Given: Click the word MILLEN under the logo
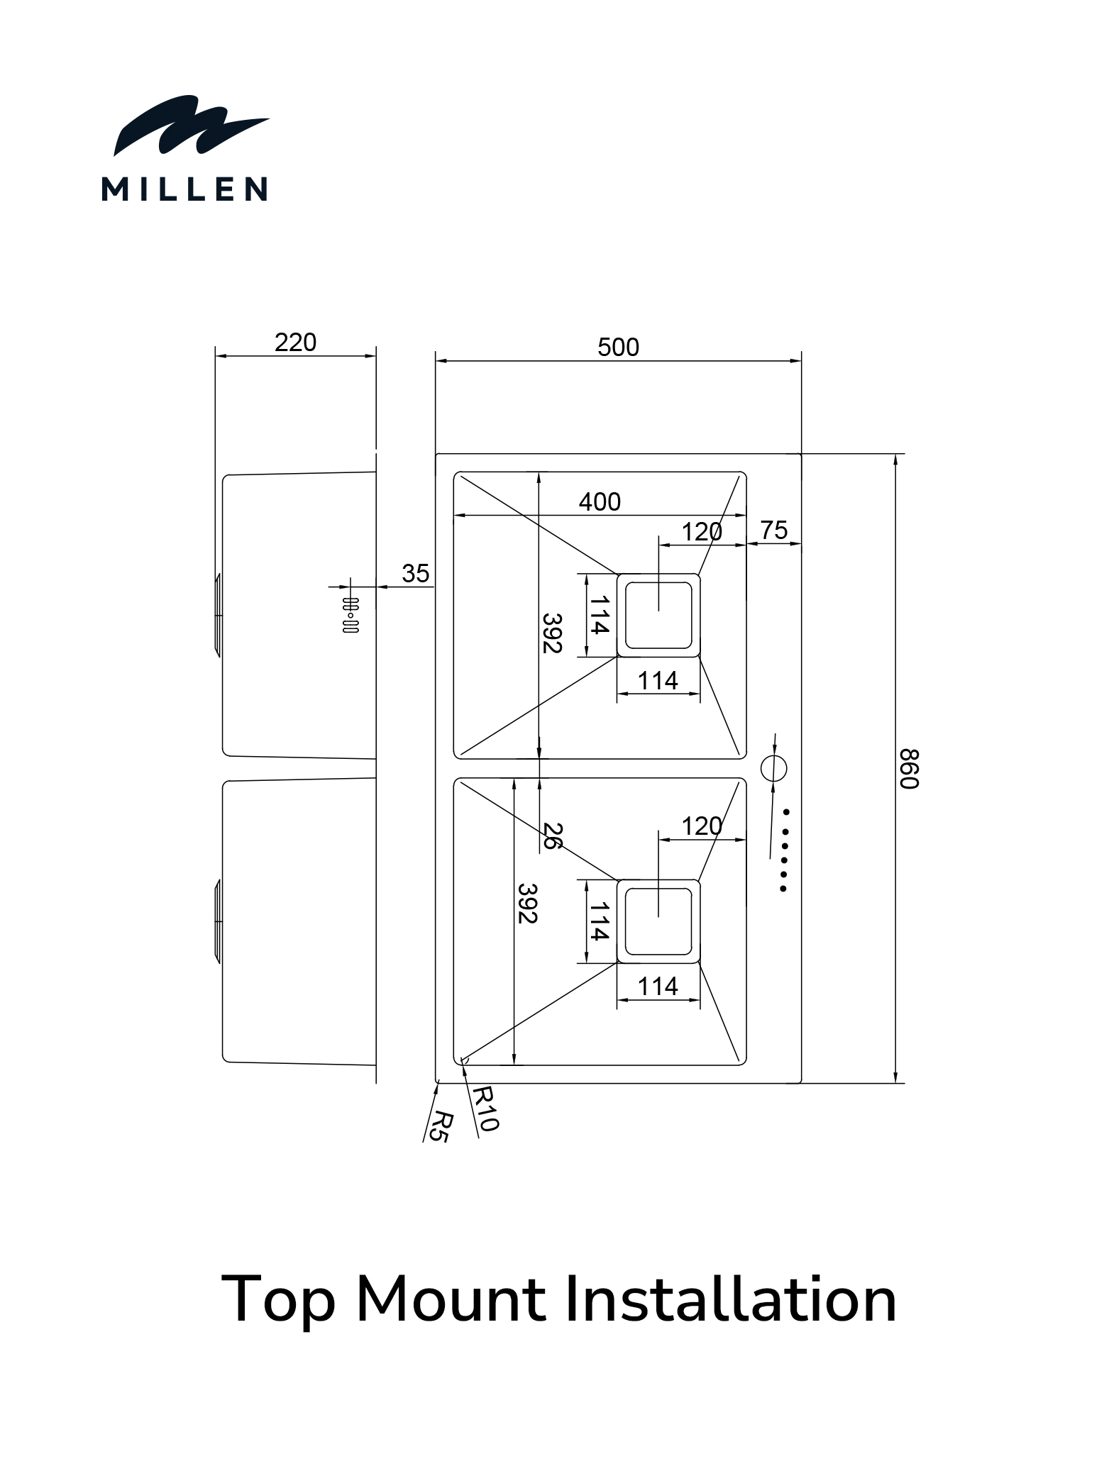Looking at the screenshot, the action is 184,189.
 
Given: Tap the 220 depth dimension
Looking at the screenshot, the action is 295,343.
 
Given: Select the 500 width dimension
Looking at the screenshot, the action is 618,347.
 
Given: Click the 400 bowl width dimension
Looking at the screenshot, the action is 600,501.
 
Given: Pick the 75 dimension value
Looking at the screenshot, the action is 774,530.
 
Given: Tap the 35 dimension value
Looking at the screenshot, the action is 415,573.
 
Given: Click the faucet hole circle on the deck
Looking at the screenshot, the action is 773,767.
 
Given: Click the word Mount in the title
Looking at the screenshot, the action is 451,1299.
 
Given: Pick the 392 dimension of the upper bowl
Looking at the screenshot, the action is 552,632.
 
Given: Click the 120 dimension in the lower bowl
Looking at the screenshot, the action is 702,826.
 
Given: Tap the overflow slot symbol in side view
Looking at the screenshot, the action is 350,615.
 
